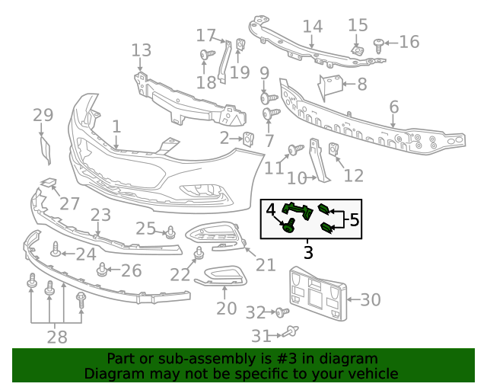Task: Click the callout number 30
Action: (370, 300)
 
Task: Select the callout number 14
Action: (312, 27)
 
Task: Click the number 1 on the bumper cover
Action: (116, 126)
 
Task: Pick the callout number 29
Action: (43, 116)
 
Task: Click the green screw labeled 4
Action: (289, 225)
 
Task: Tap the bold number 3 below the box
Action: (308, 251)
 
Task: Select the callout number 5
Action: (354, 220)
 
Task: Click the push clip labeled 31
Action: (291, 331)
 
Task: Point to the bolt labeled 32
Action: (282, 312)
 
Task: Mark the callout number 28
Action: (56, 337)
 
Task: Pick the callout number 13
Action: (142, 51)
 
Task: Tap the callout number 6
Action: (394, 107)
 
